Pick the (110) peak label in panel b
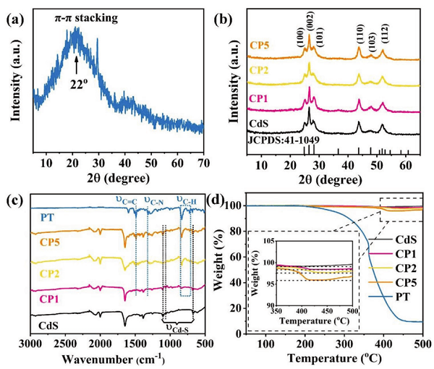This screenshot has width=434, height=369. (x=359, y=32)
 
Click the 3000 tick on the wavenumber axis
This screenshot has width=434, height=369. (x=30, y=344)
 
